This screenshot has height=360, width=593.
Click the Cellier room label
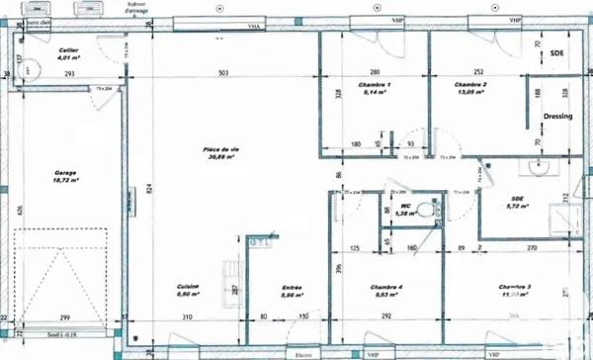[68, 49]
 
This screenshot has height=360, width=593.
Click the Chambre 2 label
[470, 85]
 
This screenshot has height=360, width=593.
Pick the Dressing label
[558, 116]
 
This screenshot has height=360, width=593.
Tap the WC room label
[403, 206]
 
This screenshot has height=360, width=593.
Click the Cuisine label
[189, 286]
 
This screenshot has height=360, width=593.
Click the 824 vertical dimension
[148, 188]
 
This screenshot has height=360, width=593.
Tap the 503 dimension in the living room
[224, 74]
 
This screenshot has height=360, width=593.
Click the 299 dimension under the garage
[64, 316]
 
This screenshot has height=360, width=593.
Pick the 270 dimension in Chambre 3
[531, 247]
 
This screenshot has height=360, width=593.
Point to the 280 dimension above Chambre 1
[376, 73]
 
